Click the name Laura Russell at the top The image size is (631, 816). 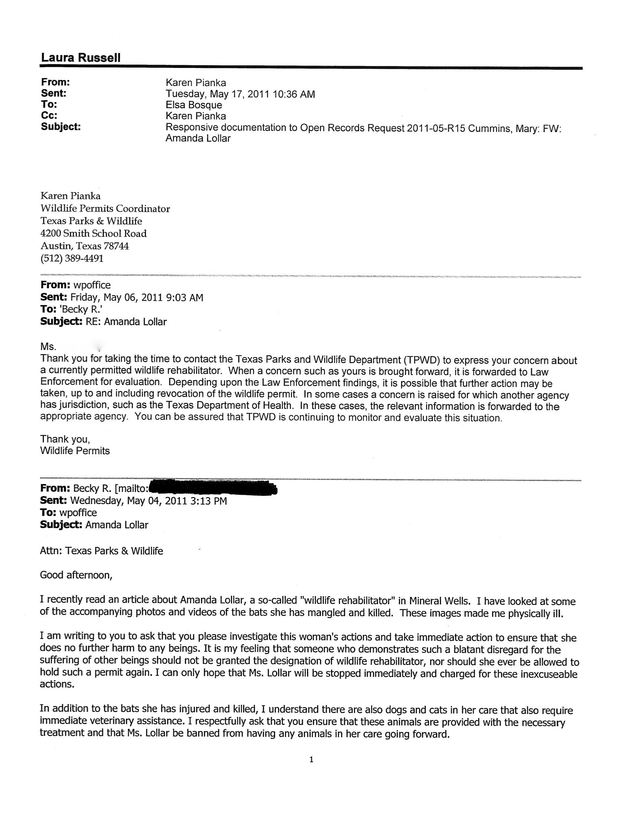[81, 58]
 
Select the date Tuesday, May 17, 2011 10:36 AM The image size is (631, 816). [240, 94]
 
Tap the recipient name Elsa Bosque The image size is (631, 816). [194, 105]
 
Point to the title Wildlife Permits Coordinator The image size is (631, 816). [105, 208]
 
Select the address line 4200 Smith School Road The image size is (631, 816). [94, 234]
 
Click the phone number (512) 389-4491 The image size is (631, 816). [72, 259]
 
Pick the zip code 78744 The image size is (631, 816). [116, 246]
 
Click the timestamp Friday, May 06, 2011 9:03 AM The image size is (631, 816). [137, 298]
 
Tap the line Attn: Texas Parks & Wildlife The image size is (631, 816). [101, 551]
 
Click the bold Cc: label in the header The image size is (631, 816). [49, 116]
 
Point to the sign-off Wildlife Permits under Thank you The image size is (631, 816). [75, 451]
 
